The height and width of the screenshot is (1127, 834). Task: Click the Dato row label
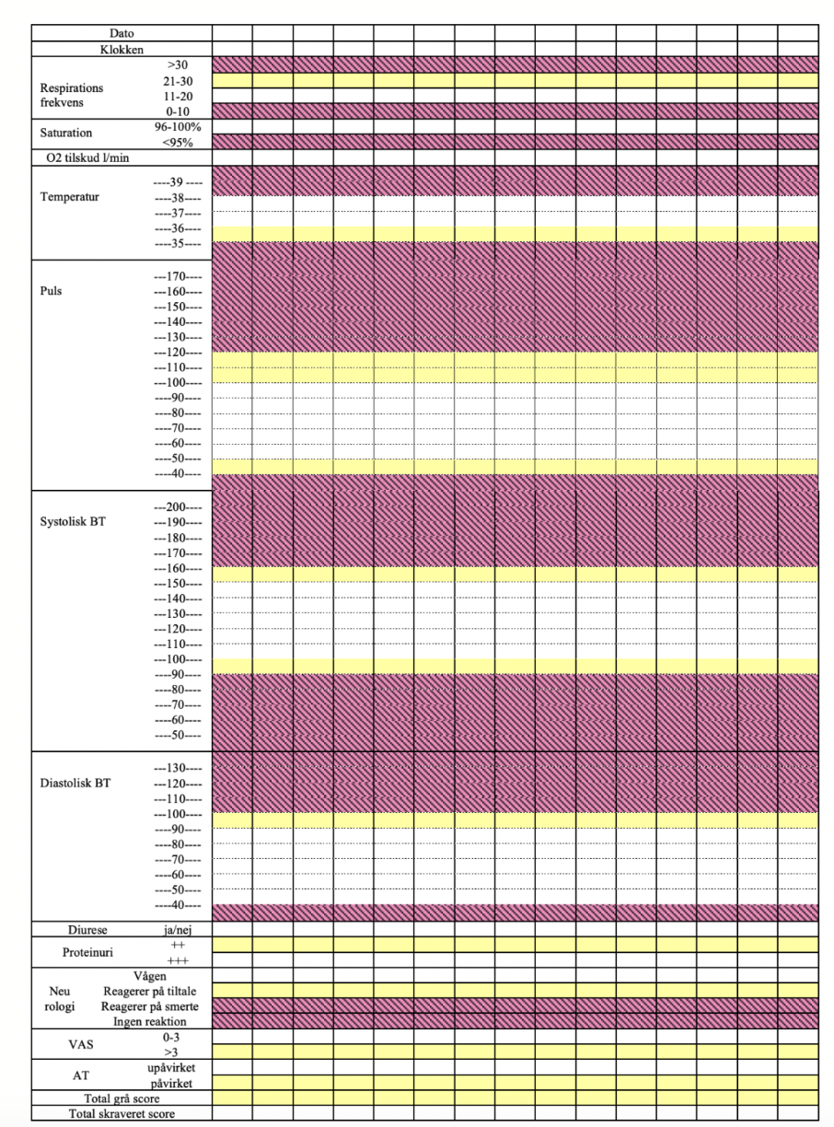click(122, 33)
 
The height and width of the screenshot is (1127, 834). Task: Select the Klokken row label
click(122, 50)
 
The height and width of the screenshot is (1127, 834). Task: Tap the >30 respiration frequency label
click(178, 65)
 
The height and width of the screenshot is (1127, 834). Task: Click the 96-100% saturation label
click(178, 127)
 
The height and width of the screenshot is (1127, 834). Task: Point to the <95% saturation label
click(178, 143)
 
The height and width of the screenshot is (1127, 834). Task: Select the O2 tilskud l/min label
click(87, 158)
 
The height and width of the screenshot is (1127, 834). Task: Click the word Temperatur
click(70, 197)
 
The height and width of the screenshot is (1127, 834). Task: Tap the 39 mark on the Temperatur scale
click(178, 182)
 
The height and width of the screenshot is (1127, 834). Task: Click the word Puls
click(51, 291)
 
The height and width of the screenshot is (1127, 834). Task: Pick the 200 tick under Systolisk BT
click(178, 507)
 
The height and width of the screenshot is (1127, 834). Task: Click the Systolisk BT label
click(73, 522)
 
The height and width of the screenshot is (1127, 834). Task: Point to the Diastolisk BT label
click(75, 783)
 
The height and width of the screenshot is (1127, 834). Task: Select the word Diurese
click(87, 930)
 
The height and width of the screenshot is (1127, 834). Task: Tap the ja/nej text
click(178, 930)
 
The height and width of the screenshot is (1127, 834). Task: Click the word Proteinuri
click(87, 952)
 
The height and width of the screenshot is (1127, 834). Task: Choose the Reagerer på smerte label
click(149, 1006)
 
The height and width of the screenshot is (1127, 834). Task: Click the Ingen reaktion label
click(149, 1021)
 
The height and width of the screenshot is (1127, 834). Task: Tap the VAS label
click(81, 1045)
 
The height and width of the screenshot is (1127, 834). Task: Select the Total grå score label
click(122, 1098)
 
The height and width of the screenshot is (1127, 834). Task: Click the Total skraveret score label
click(122, 1114)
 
